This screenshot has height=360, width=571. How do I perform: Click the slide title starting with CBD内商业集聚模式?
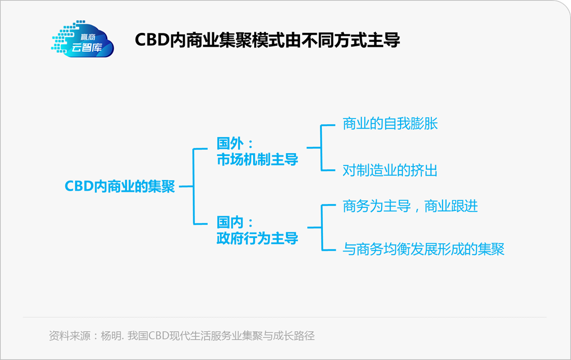pos(267,40)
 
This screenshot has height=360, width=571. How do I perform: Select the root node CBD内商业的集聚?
pos(120,186)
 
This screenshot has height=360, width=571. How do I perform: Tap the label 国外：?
pos(235,143)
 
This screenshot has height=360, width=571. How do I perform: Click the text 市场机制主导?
pos(257,159)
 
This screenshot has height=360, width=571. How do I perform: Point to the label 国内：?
pos(235,222)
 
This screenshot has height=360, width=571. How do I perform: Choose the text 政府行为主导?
pos(257,239)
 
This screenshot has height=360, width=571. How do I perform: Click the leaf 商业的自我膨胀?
pos(390,124)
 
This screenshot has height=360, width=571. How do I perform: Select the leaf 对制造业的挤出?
pos(390,170)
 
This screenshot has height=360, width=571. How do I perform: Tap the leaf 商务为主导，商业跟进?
pos(410,206)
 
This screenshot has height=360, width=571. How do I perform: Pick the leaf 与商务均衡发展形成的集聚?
pos(424,249)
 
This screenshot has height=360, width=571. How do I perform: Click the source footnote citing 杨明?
pos(182,336)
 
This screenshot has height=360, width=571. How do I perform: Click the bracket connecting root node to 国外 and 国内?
pos(193,186)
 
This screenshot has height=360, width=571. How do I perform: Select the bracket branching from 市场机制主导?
pos(321,148)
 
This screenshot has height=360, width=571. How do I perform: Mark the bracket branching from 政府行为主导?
pos(322,227)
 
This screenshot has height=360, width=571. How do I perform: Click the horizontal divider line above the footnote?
pos(285,318)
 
